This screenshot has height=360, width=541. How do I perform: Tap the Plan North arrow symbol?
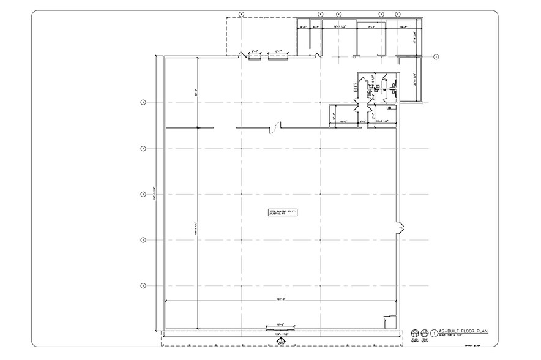click(414, 332)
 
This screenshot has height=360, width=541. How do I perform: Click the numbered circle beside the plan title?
click(435, 333)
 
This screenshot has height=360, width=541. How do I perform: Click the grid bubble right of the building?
click(436, 57)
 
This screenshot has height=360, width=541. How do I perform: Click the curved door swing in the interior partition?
click(276, 129)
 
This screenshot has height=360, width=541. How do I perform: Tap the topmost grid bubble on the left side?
click(143, 102)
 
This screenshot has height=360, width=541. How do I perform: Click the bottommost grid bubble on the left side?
click(143, 285)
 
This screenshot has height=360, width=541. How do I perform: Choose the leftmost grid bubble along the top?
click(241, 13)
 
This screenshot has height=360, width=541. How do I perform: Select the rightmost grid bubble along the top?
click(398, 13)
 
